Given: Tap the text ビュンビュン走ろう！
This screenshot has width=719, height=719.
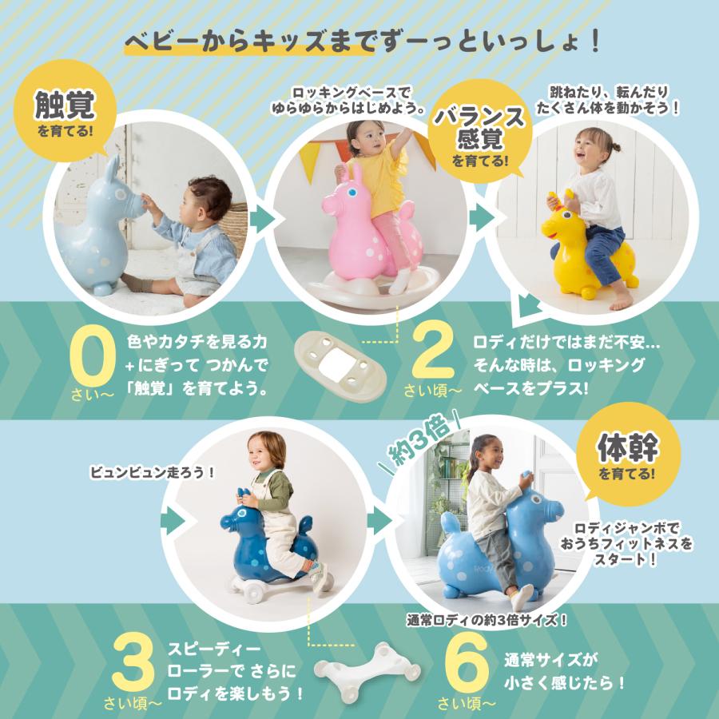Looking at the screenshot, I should pyautogui.click(x=153, y=471).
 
